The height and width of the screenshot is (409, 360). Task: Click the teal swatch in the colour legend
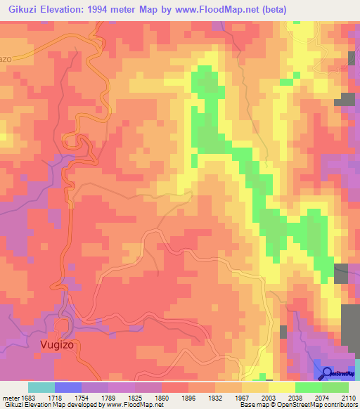tap(41, 387)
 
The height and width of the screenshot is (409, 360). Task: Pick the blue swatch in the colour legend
tap(68, 387)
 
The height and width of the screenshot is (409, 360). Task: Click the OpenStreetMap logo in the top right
tap(352, 58)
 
